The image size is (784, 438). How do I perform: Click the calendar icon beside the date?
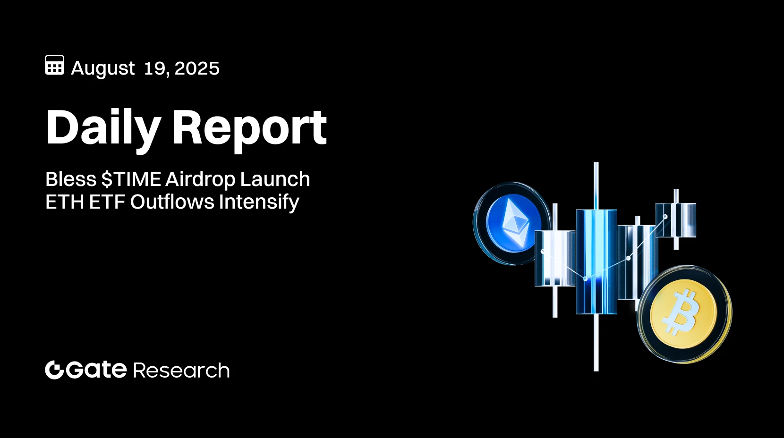55,65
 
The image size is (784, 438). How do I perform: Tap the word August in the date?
103,69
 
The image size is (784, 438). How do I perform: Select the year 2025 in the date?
197,68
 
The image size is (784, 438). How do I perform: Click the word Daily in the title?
103,127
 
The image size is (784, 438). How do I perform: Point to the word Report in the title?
249,127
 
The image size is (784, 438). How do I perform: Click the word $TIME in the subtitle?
131,180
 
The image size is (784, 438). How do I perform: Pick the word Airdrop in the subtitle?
200,180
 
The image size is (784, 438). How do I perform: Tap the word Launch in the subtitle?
275,180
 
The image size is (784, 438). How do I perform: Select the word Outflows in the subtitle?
172,202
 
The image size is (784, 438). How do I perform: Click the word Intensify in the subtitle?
259,202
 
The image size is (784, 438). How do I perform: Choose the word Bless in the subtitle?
71,180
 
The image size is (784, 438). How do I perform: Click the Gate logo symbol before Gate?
54,370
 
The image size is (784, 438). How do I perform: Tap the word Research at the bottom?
181,371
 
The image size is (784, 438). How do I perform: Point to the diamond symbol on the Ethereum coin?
515,222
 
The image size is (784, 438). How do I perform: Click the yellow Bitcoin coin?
684,314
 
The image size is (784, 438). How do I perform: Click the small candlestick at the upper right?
676,220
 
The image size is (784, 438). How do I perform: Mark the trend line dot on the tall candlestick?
586,279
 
